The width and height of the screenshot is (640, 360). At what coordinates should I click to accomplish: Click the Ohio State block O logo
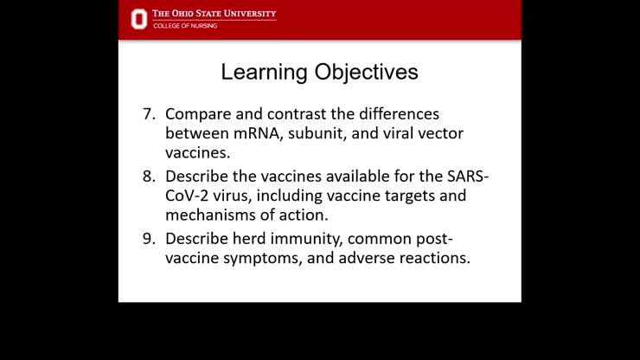[138, 18]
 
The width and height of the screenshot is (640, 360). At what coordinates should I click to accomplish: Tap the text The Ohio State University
[214, 14]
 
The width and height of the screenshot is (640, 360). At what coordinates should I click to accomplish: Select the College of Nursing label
[185, 26]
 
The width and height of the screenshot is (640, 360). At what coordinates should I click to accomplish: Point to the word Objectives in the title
[361, 72]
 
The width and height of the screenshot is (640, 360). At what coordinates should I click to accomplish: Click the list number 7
[149, 114]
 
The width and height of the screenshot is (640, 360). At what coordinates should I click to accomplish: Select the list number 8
[149, 176]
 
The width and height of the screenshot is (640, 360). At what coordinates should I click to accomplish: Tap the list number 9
[149, 237]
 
